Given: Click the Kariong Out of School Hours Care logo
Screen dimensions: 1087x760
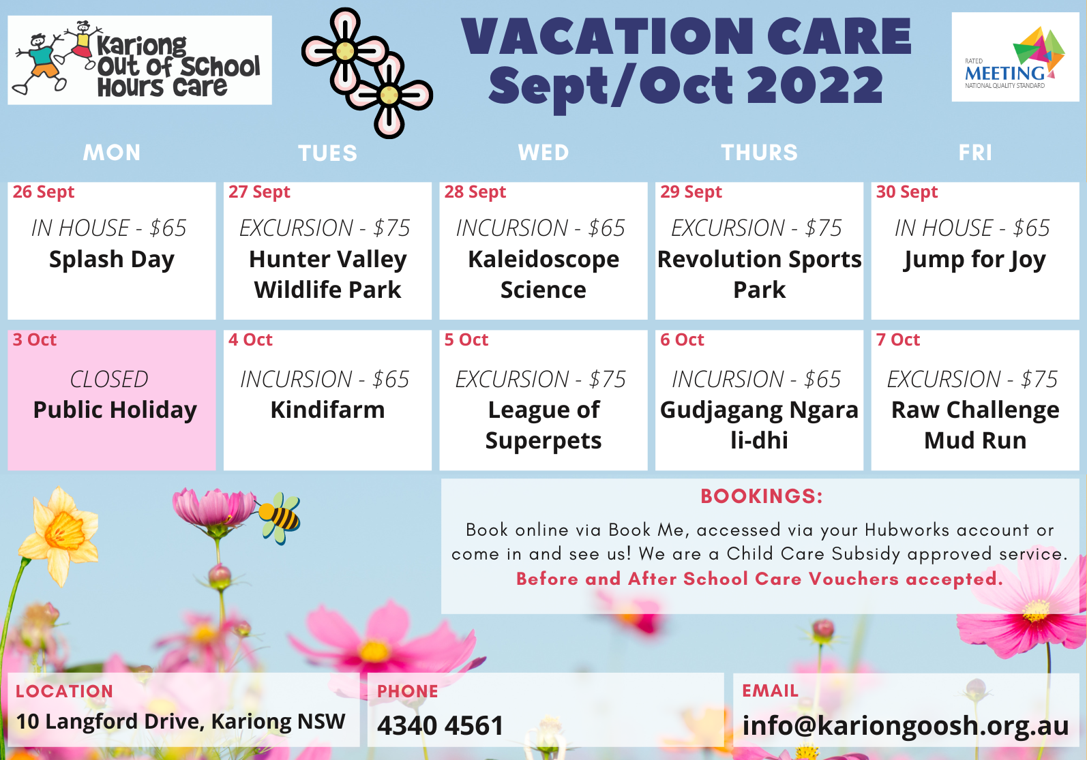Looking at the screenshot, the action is (140, 60).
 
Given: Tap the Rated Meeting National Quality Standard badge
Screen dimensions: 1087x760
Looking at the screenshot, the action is (1015, 57).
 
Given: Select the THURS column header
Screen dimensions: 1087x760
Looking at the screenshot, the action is (760, 152).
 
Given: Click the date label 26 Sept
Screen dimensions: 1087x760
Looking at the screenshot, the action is (43, 192).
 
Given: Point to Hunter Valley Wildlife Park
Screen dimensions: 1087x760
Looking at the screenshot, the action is (327, 275).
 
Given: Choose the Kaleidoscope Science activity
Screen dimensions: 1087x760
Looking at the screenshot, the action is (543, 275).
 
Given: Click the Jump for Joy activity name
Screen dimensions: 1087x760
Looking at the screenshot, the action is (975, 260).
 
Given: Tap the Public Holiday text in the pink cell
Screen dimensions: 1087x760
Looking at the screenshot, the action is (115, 410).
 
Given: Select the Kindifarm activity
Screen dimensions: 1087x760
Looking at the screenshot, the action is (327, 410).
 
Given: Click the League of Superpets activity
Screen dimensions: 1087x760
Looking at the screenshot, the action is (543, 425).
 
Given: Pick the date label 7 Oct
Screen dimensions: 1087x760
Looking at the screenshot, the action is (897, 339).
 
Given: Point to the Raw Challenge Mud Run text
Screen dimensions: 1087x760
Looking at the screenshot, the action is (975, 425).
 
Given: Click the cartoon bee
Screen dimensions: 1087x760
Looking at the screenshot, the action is (280, 518).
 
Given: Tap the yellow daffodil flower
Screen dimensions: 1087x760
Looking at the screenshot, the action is (59, 536).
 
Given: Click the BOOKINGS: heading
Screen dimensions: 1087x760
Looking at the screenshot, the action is (762, 496).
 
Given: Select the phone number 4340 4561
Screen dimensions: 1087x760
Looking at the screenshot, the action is (440, 725).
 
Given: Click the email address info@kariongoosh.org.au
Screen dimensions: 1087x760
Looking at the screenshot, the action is (906, 726).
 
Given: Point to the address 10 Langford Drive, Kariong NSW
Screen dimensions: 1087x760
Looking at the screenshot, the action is (181, 722).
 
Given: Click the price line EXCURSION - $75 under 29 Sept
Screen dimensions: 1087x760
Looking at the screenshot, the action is (756, 228).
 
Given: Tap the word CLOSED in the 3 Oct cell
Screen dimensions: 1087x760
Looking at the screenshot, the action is (109, 379).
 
